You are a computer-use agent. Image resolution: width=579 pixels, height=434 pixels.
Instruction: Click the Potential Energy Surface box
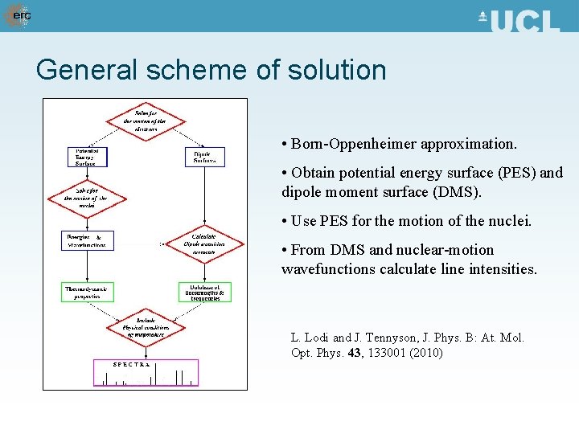(86, 157)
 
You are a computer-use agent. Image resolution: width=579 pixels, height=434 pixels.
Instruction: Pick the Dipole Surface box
(204, 157)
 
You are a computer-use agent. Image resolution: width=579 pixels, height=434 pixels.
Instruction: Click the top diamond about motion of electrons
(145, 121)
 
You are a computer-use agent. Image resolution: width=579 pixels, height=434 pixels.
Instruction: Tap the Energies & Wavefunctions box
(85, 240)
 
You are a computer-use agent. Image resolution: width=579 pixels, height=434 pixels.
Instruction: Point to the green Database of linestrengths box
(204, 292)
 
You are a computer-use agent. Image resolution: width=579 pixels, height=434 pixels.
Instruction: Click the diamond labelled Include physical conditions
(145, 327)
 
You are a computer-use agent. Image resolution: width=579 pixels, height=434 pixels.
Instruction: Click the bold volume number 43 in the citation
(355, 353)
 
